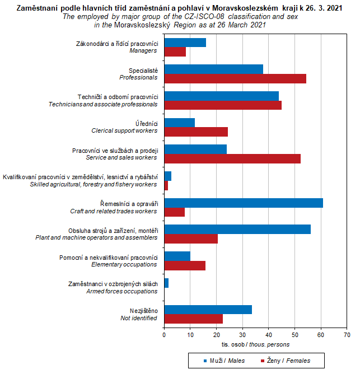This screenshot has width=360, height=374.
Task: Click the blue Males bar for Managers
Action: pos(185,43)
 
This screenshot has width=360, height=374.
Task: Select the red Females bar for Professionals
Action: pos(235,78)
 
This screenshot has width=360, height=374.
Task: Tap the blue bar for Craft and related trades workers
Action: pos(244,203)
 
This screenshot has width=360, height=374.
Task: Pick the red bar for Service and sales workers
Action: pos(232,158)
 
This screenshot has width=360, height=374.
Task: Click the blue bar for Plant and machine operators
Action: pos(237,230)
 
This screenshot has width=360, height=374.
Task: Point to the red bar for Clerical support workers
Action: pos(196,132)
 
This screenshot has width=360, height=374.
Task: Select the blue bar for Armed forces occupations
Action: pos(166,283)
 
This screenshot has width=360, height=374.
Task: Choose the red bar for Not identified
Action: pos(193,319)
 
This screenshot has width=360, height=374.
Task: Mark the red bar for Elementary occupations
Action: pos(185,265)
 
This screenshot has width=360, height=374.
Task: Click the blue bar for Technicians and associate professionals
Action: pos(221,96)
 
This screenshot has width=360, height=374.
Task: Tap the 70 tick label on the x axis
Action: pos(347,335)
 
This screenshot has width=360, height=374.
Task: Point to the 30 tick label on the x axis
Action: pos(242,335)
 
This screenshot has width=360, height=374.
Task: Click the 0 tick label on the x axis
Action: pos(164,335)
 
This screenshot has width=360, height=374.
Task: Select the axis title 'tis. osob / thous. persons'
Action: pos(255,344)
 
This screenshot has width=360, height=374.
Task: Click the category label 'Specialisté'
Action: pos(143,70)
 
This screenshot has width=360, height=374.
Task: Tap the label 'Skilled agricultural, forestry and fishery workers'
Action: pos(93,184)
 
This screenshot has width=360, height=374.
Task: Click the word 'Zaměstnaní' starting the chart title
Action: pos(39,8)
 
